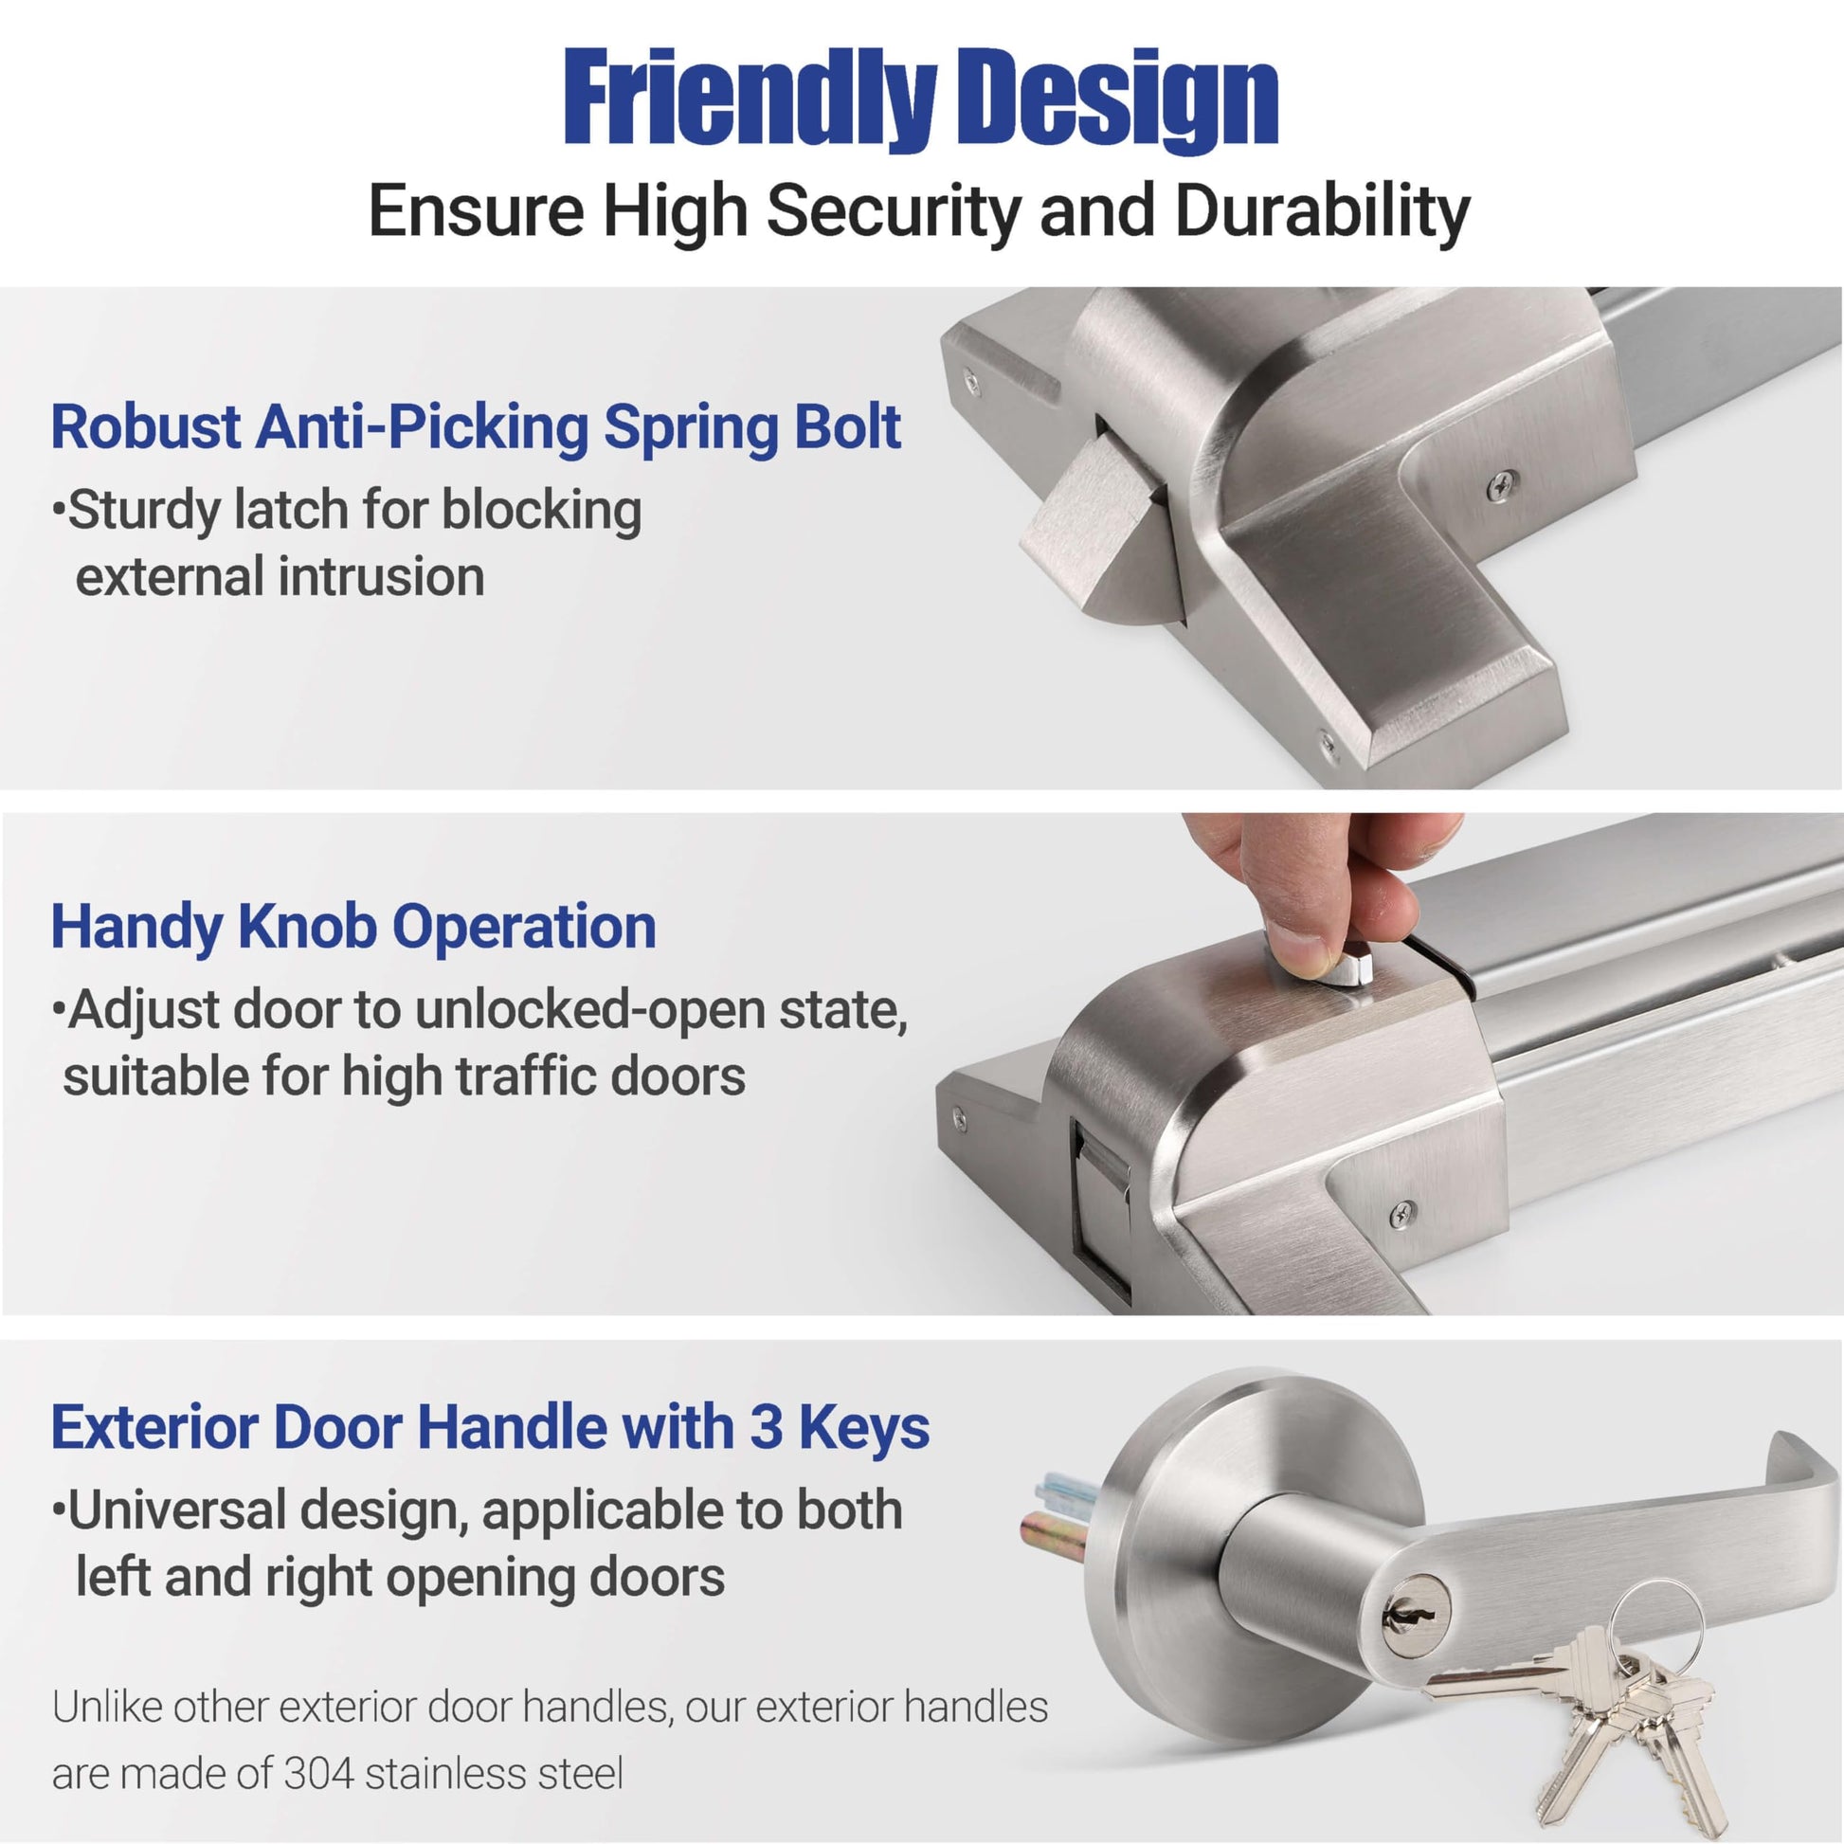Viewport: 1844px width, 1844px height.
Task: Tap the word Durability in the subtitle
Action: click(1323, 212)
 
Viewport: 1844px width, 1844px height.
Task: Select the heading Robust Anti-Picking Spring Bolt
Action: click(476, 426)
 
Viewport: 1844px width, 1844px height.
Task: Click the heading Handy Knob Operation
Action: click(353, 927)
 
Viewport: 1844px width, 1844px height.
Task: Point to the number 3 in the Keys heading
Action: click(766, 1428)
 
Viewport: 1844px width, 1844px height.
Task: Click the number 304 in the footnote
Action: click(317, 1774)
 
